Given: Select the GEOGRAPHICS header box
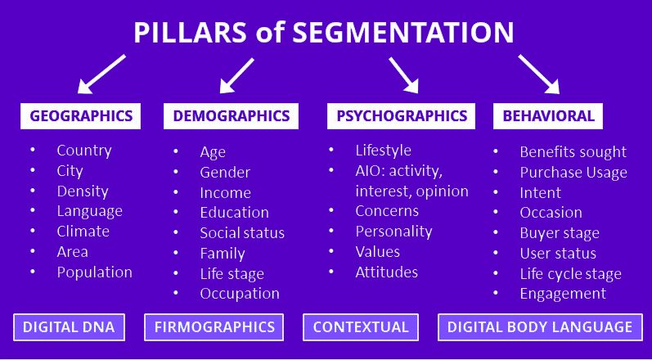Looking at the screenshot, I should [81, 116].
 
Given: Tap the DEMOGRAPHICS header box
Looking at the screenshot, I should [232, 116].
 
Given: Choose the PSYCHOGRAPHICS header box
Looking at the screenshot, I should [402, 116].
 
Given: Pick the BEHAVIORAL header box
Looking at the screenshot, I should [547, 116].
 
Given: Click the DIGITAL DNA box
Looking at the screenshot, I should [70, 327].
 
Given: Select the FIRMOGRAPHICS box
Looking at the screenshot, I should [214, 327].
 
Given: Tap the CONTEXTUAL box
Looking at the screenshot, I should [360, 327].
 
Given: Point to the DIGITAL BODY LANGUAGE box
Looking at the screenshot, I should [540, 327].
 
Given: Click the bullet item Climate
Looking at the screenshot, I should [83, 232].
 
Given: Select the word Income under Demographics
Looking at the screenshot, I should [225, 193].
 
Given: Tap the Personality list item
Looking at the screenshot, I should [393, 232].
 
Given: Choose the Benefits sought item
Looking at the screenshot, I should [573, 152].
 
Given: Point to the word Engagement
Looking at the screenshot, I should [563, 293].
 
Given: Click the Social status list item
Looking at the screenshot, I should [242, 233].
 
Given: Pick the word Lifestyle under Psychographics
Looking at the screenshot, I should [383, 151].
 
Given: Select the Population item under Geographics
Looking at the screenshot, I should [94, 272].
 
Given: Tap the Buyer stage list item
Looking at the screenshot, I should [560, 233].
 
